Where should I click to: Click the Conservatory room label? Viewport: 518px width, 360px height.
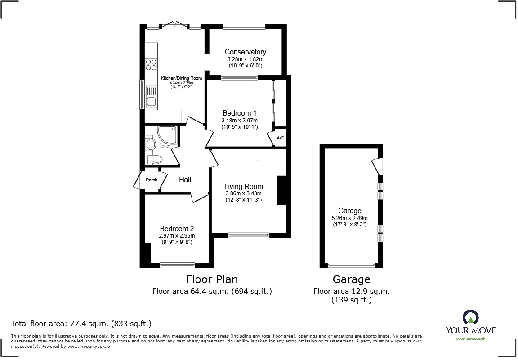[x=246, y=52]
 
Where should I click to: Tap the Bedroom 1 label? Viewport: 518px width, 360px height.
[x=240, y=113]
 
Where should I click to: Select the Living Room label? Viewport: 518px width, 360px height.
[x=244, y=186]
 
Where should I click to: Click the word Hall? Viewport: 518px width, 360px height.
[x=185, y=180]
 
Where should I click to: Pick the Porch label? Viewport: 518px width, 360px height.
[x=152, y=180]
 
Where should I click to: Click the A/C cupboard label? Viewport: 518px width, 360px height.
[x=281, y=138]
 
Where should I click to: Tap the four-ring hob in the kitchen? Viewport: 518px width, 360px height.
[x=151, y=65]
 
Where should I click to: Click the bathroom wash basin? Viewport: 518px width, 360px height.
[x=150, y=144]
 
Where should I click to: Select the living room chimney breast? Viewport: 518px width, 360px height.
[x=281, y=190]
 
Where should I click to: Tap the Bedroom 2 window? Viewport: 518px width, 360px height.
[x=177, y=265]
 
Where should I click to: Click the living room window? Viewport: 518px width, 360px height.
[x=249, y=235]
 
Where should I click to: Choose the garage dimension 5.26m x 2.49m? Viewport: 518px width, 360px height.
[x=350, y=218]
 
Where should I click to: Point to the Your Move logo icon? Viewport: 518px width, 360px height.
[x=470, y=318]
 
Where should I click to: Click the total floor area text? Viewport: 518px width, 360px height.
[x=81, y=324]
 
